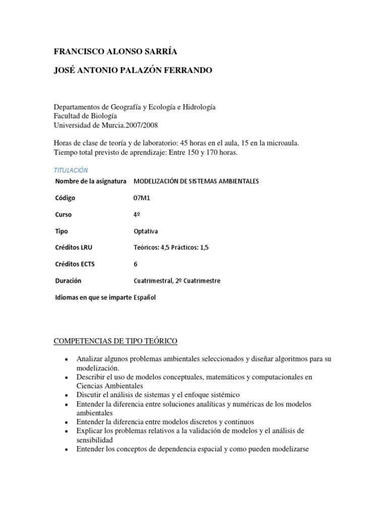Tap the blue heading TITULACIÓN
point(71,170)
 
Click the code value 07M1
point(142,198)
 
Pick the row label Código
point(65,198)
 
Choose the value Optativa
point(146,231)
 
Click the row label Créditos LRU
point(74,247)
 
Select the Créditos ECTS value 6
point(136,264)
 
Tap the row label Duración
point(68,281)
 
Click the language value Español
point(145,297)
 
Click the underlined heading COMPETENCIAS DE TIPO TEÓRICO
point(115,342)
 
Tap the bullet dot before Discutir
point(67,395)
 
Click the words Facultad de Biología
point(85,116)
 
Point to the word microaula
point(282,143)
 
